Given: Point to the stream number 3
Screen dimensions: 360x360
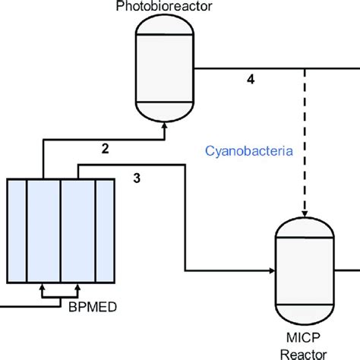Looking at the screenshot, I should pos(136,178).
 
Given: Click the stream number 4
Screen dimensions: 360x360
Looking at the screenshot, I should pos(251,79).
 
